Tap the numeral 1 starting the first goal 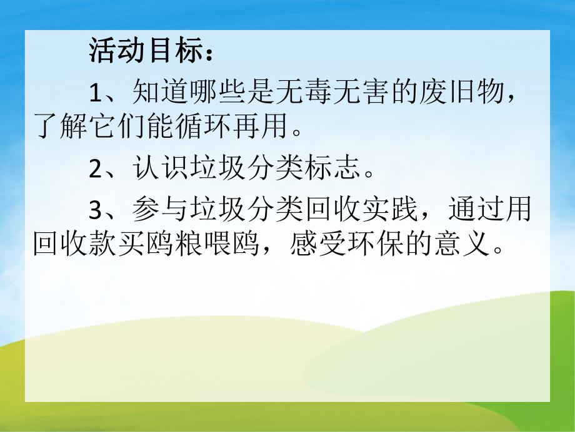95,94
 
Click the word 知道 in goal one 155,93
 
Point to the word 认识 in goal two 155,169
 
